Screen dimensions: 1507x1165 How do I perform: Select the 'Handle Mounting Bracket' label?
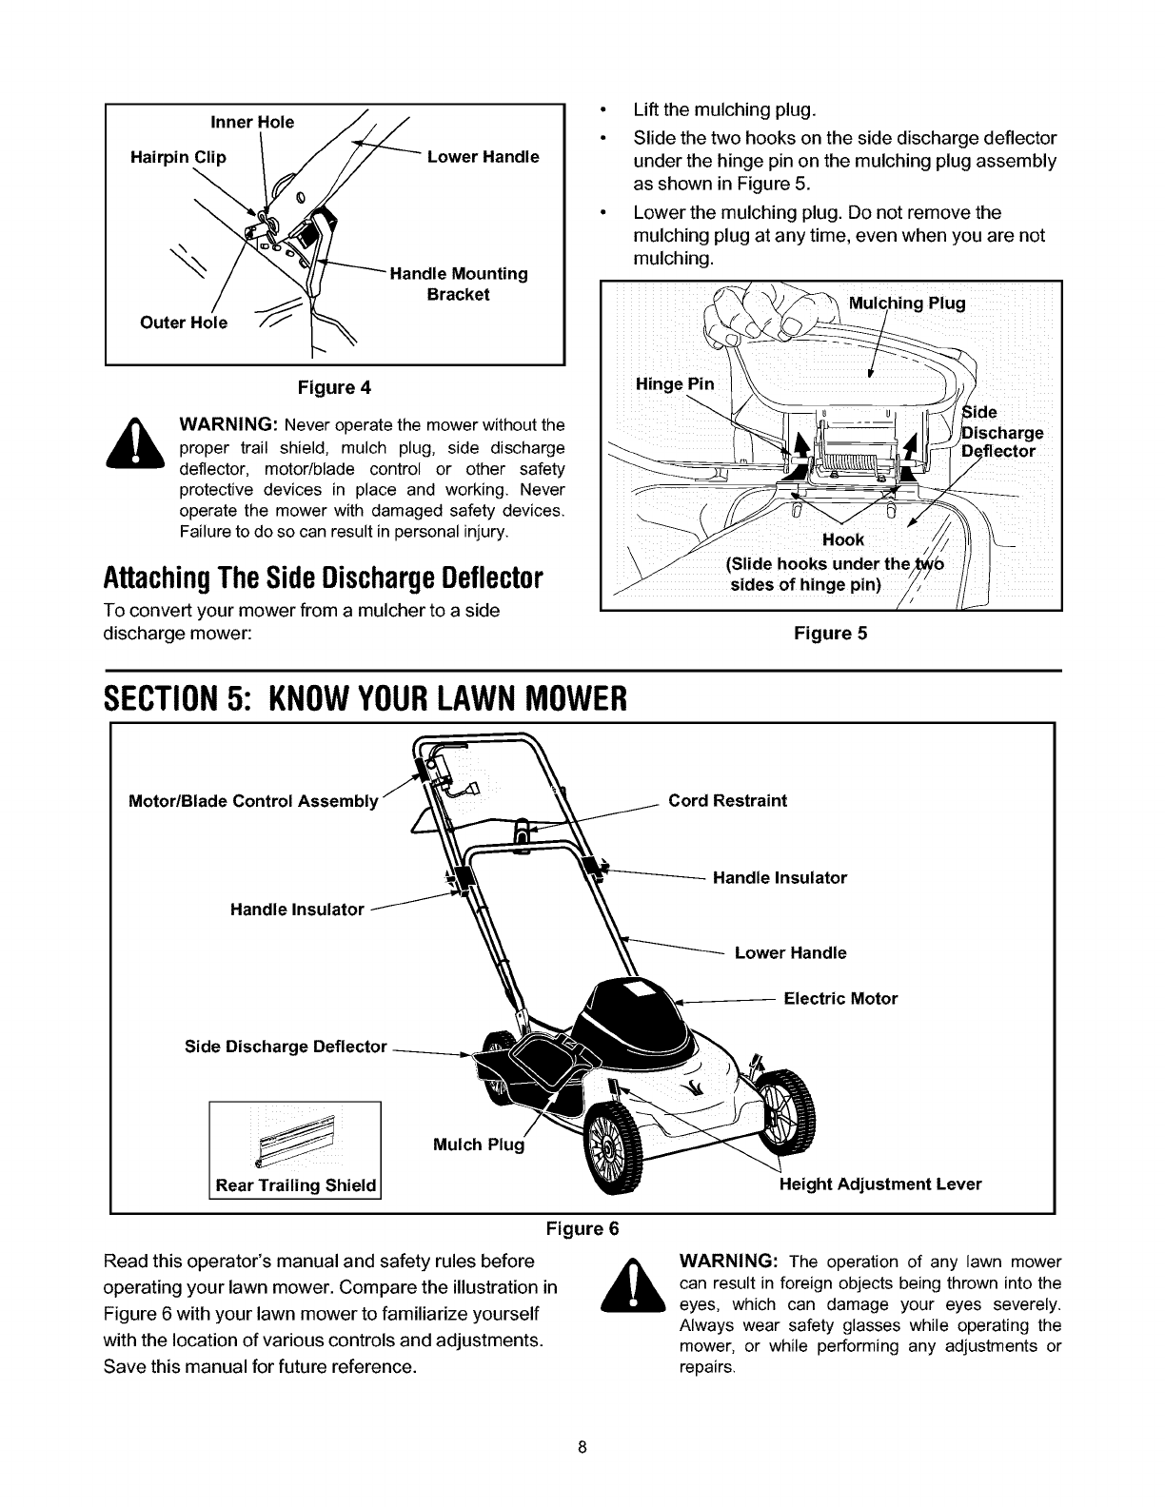tap(459, 284)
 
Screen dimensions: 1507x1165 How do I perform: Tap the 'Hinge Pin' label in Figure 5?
tap(674, 384)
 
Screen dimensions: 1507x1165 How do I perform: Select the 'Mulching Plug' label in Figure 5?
tap(906, 303)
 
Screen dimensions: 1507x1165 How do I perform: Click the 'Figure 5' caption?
tap(830, 633)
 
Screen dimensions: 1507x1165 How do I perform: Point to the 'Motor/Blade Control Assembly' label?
tap(253, 801)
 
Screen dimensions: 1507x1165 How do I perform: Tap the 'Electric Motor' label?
tap(839, 999)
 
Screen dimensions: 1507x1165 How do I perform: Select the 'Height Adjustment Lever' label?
tap(880, 1184)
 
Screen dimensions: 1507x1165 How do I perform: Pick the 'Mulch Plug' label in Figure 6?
tap(478, 1145)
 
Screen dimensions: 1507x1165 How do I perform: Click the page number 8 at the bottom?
tap(582, 1449)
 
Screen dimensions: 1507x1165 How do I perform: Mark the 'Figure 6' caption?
tap(582, 1227)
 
